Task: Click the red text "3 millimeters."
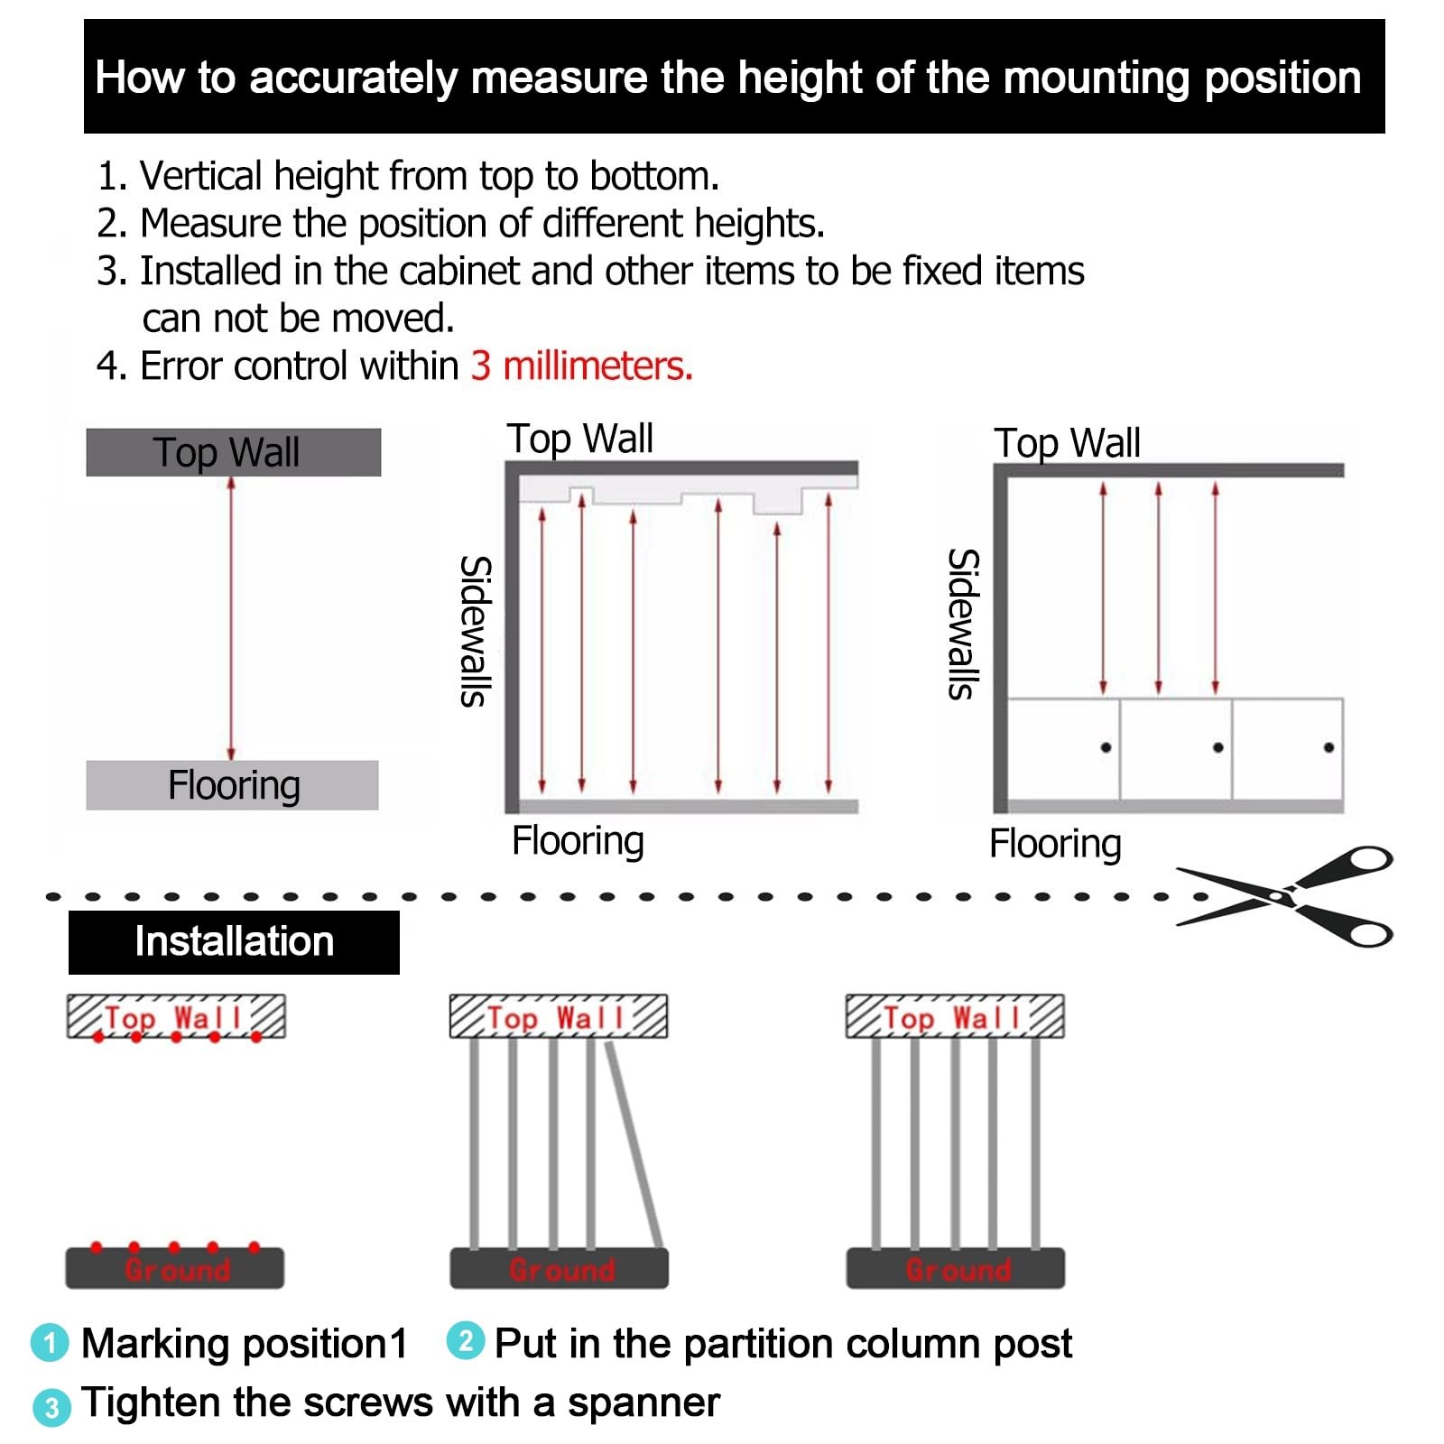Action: (581, 366)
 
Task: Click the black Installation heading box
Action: (234, 942)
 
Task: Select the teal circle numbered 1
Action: (50, 1343)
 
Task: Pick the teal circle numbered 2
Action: (466, 1340)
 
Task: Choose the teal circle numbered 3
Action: (51, 1407)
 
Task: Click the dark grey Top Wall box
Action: (233, 452)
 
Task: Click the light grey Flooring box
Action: (232, 785)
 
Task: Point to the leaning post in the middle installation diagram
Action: (634, 1145)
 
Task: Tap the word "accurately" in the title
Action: (354, 79)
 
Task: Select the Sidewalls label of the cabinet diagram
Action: (962, 625)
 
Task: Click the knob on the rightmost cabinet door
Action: (1328, 747)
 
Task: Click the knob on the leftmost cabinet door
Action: (1106, 747)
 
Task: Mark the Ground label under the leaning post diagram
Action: (561, 1270)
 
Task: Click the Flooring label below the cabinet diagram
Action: (1055, 845)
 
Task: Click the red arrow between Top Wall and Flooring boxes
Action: (231, 619)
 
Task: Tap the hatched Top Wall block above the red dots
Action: (176, 1017)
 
